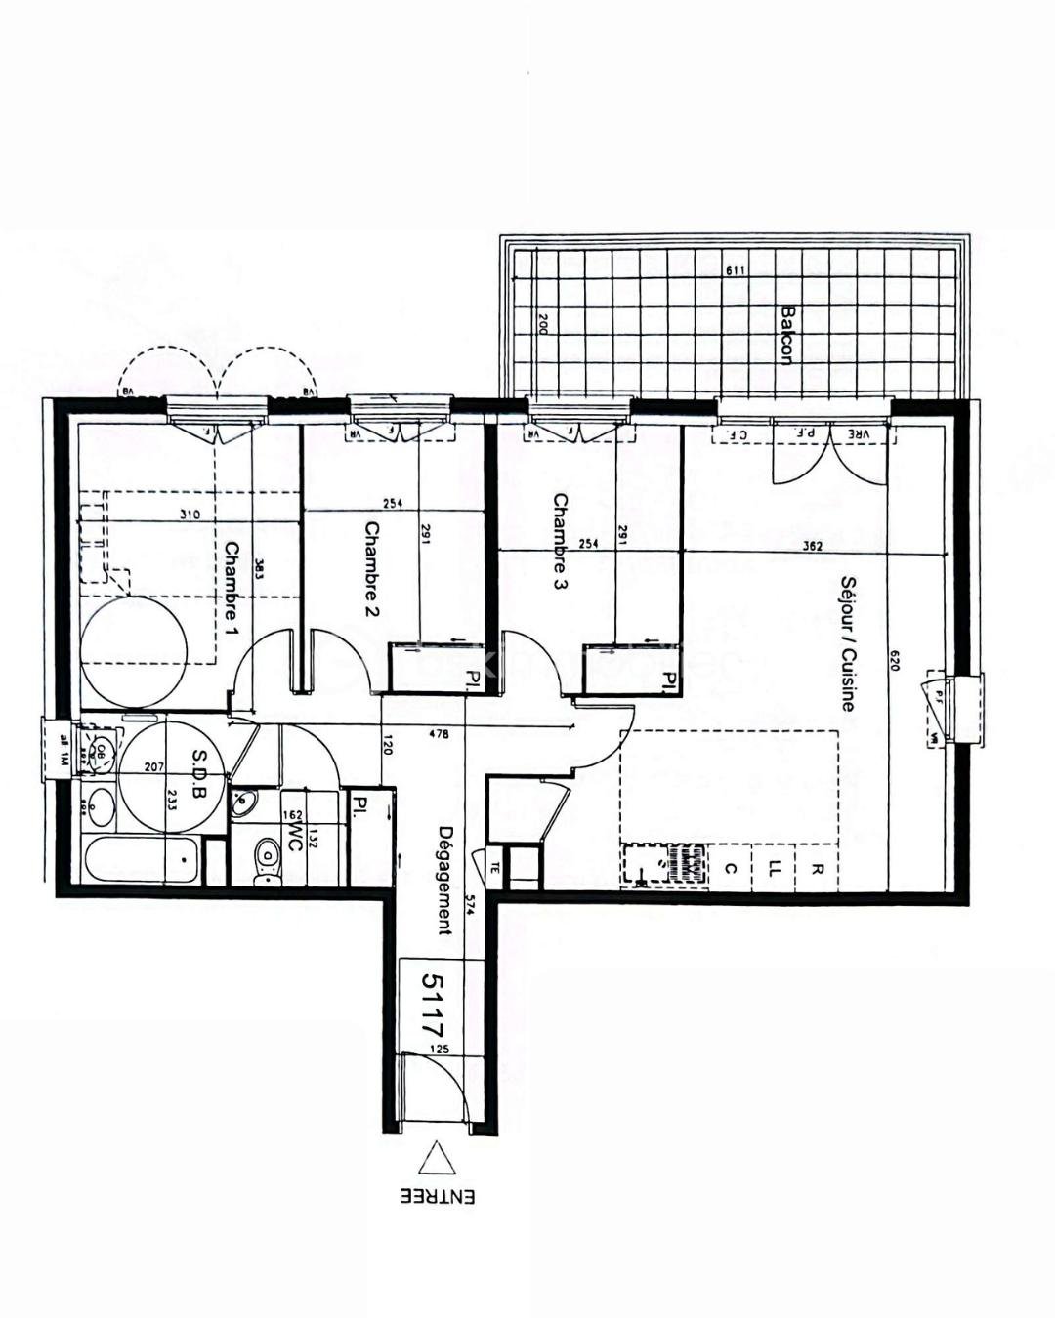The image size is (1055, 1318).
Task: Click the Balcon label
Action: (x=786, y=334)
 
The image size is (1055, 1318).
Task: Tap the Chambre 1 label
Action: (x=232, y=583)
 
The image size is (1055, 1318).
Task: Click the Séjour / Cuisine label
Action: (x=847, y=643)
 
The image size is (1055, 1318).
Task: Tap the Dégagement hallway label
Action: (x=445, y=881)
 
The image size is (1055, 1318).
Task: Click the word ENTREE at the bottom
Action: (x=437, y=1196)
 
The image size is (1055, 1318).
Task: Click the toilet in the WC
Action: (x=265, y=863)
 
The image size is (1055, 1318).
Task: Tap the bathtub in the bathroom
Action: (x=143, y=860)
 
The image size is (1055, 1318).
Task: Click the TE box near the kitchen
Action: (x=495, y=866)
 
